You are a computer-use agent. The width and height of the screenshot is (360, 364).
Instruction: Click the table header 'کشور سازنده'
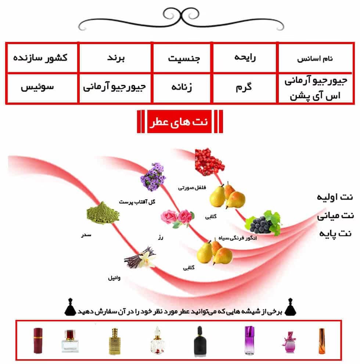(40, 58)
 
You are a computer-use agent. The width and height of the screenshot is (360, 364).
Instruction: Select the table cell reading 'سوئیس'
(37, 87)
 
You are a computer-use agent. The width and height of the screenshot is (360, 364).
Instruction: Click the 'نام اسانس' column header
(315, 58)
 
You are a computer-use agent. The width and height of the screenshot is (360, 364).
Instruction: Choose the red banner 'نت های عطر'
(179, 121)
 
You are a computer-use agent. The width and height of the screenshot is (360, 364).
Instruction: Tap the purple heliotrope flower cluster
(153, 177)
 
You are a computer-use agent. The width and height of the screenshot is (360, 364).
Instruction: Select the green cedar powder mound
(103, 213)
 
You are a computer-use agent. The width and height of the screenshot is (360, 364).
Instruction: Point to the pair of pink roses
(177, 218)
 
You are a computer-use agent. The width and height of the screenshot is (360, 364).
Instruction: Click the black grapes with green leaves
(263, 223)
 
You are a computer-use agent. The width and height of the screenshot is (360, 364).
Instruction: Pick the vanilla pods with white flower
(140, 257)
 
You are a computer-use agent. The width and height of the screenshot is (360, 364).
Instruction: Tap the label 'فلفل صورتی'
(192, 188)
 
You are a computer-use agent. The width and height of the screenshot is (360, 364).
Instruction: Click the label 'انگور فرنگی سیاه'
(238, 238)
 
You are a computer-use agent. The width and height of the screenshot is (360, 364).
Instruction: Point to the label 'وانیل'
(114, 278)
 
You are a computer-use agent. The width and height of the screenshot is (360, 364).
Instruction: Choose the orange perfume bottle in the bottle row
(321, 341)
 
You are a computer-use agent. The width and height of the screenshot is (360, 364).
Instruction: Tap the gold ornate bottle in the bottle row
(115, 341)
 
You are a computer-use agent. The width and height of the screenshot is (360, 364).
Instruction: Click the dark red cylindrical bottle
(38, 340)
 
